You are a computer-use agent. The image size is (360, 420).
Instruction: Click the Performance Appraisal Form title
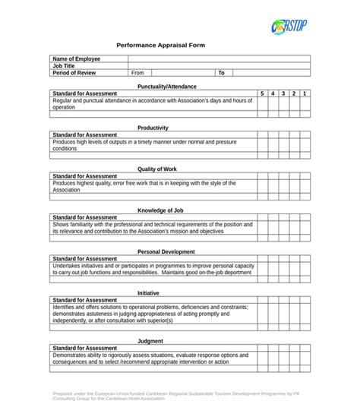coord(160,46)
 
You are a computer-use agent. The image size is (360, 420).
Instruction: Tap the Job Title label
coord(65,66)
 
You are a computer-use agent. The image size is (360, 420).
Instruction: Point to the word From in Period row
coord(137,74)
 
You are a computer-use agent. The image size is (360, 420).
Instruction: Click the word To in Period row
coord(222,74)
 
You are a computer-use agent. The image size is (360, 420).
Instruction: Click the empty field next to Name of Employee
coord(219,58)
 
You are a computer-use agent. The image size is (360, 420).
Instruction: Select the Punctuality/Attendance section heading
coord(161,87)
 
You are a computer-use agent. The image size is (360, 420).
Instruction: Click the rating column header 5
coord(262,93)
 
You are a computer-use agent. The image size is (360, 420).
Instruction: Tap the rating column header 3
coord(283,93)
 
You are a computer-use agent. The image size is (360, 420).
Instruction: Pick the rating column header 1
coord(304,93)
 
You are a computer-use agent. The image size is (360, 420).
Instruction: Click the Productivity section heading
coord(153,128)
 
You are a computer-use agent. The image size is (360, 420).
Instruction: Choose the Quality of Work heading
coord(156,169)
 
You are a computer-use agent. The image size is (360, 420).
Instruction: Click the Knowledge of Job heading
coord(160,210)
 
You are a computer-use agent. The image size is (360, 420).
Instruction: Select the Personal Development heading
coord(166,251)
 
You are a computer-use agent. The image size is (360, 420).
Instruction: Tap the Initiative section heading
coord(148,293)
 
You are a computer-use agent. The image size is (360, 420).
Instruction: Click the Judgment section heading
coord(150,341)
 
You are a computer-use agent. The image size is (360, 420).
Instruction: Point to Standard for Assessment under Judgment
coord(84,348)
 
